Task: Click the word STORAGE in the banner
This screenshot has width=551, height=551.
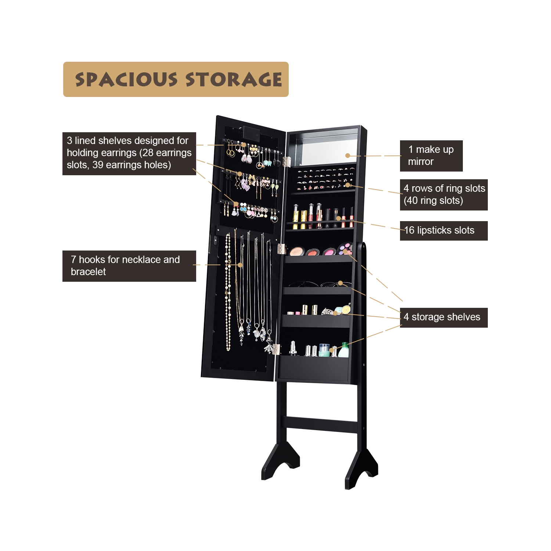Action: click(234, 80)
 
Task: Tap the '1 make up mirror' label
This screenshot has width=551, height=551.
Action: click(431, 156)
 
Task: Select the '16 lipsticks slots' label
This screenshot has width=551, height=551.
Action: click(443, 231)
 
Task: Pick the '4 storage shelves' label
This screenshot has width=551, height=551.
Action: click(443, 317)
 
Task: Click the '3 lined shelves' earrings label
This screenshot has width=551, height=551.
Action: click(129, 153)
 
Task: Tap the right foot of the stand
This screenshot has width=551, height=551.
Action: click(362, 468)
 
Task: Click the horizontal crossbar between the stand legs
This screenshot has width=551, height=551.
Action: click(322, 424)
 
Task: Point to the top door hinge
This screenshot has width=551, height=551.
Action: click(287, 161)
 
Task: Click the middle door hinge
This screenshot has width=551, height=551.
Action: click(281, 249)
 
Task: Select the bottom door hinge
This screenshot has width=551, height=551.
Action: click(276, 349)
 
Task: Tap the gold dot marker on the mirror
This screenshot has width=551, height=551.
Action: click(348, 155)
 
